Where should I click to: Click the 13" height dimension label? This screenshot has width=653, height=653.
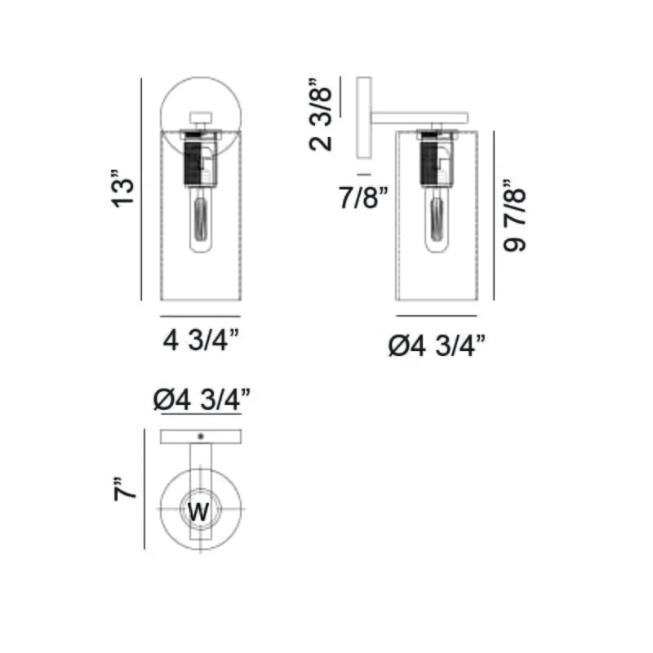point(123,189)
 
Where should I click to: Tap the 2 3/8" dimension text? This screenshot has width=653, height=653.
point(321,114)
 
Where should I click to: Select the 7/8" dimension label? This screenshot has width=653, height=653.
point(363,198)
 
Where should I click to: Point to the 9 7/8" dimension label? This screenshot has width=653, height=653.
point(514,216)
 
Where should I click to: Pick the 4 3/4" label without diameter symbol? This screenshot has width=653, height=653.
point(201,340)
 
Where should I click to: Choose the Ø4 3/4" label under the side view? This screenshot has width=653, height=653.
point(437,345)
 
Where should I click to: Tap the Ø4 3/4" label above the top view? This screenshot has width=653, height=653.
point(202,400)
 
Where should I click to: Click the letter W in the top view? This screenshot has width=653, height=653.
point(198,512)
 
